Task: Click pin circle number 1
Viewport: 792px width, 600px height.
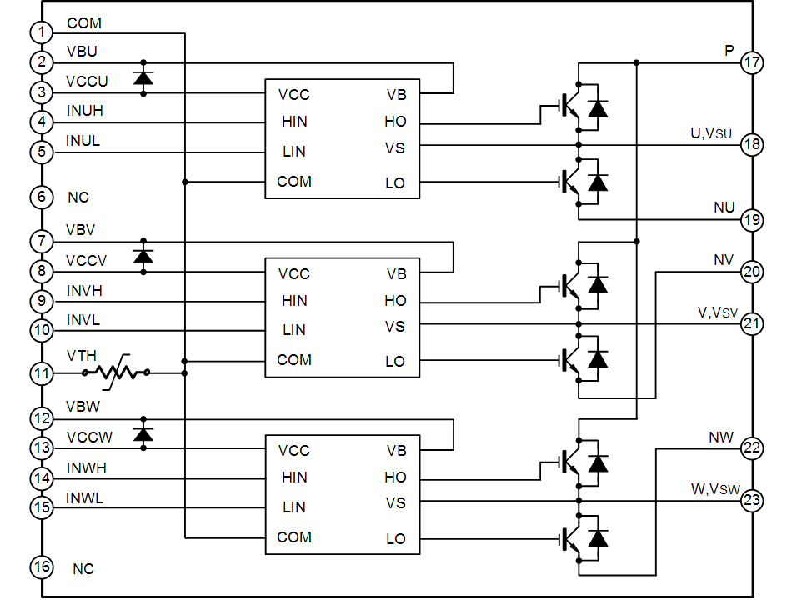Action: (42, 32)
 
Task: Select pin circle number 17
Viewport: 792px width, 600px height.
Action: (752, 62)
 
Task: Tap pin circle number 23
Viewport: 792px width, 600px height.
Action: (752, 501)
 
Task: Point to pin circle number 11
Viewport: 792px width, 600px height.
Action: (42, 372)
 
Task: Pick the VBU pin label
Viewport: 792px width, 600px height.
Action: (82, 52)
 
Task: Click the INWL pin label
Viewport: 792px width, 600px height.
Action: (84, 498)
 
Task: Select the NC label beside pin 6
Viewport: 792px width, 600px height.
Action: (78, 198)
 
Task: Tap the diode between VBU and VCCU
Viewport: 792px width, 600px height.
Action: (143, 78)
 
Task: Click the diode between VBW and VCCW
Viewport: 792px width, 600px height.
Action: (143, 434)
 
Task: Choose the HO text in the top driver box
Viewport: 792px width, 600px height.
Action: (395, 122)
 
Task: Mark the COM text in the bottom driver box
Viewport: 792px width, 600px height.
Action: (294, 537)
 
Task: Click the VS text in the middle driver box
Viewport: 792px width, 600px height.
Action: (395, 327)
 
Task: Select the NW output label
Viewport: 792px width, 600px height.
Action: (721, 437)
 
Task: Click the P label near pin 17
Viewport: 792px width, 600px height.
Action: (729, 51)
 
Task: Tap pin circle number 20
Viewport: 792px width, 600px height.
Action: (752, 271)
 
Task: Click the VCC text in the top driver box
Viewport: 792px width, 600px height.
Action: (294, 95)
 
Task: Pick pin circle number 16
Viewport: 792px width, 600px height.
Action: (42, 567)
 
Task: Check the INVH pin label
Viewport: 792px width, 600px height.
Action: (84, 291)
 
